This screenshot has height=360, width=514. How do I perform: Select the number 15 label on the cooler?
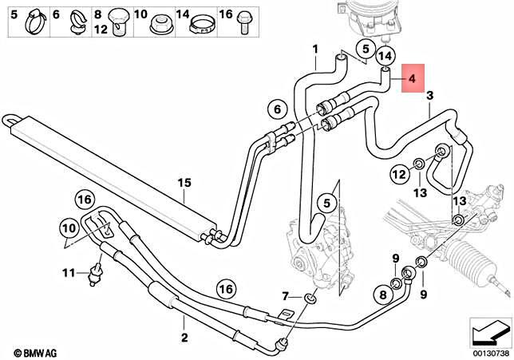(185, 184)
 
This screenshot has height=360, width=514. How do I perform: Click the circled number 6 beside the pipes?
(277, 109)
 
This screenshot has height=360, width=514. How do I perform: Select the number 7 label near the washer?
(287, 298)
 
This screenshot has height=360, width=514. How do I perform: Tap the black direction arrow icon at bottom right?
(488, 329)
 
